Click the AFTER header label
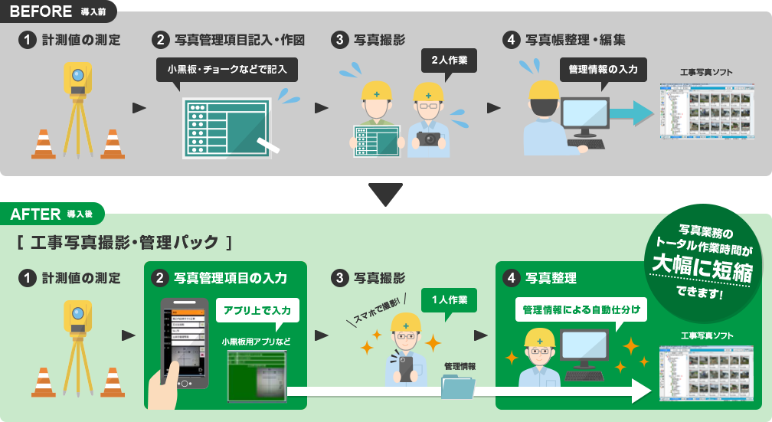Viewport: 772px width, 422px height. click(x=36, y=214)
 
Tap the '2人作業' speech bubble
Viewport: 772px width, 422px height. click(x=449, y=60)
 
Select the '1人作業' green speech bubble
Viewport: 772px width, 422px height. click(x=449, y=299)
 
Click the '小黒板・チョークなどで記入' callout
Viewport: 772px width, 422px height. click(x=227, y=69)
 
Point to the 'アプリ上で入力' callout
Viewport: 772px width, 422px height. click(x=257, y=310)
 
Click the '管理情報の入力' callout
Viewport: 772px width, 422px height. click(x=603, y=69)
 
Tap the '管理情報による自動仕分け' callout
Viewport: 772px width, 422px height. click(x=581, y=310)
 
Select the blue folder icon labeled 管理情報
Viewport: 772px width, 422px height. click(x=458, y=386)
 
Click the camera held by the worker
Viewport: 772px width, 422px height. click(x=430, y=139)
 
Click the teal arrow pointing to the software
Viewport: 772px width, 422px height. click(x=632, y=114)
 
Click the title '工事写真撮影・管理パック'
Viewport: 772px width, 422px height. click(x=123, y=244)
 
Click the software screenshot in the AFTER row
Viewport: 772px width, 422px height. click(x=705, y=371)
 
